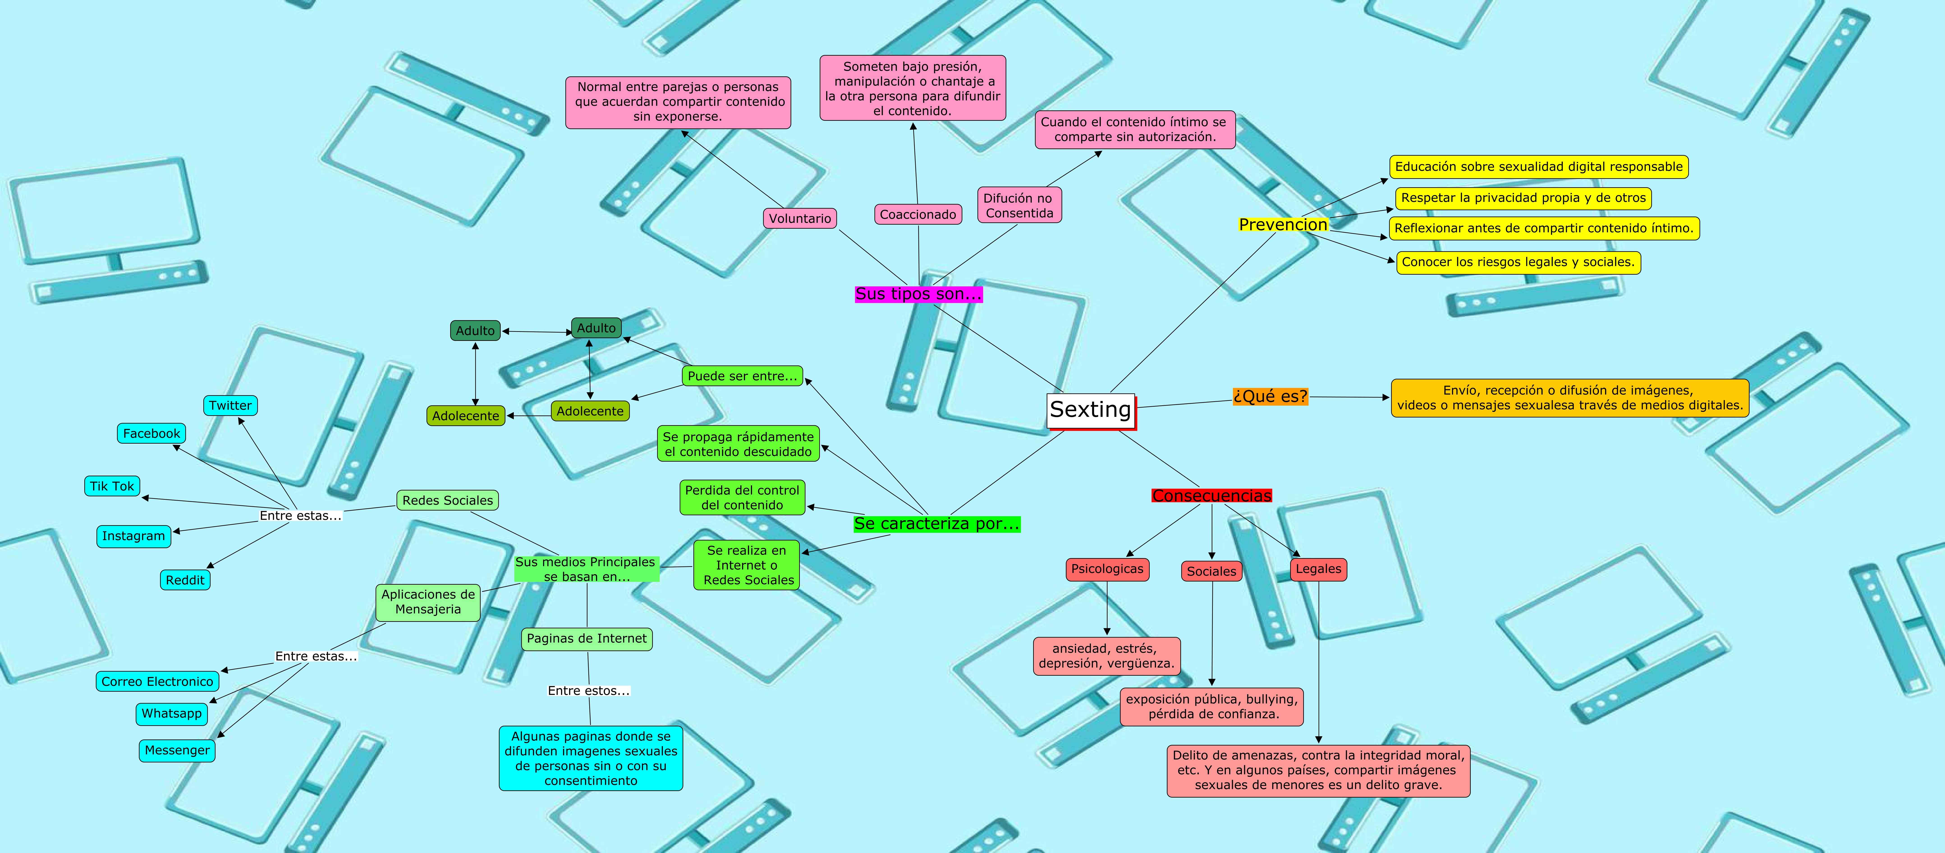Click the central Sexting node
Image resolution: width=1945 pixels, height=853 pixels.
pyautogui.click(x=1090, y=410)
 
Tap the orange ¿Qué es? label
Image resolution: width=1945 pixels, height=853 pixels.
pyautogui.click(x=1270, y=396)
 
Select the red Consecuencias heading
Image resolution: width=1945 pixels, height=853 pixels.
pyautogui.click(x=1211, y=496)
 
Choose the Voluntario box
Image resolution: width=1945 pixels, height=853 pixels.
pyautogui.click(x=800, y=218)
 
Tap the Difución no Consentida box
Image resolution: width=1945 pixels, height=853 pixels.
pyautogui.click(x=1018, y=205)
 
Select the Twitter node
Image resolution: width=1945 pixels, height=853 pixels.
pyautogui.click(x=230, y=405)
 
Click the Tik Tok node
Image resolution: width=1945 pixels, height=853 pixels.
pyautogui.click(x=112, y=486)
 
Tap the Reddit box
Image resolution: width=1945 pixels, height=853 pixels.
pyautogui.click(x=185, y=580)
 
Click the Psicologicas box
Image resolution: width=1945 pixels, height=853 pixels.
pyautogui.click(x=1107, y=569)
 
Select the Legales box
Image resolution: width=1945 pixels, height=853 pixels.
pyautogui.click(x=1318, y=569)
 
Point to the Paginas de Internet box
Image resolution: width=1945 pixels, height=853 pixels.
pyautogui.click(x=587, y=639)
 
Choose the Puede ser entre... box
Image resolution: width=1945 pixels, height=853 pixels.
pyautogui.click(x=742, y=376)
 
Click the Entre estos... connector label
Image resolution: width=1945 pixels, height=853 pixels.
pyautogui.click(x=588, y=691)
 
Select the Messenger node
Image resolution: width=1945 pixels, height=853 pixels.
pyautogui.click(x=177, y=750)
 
